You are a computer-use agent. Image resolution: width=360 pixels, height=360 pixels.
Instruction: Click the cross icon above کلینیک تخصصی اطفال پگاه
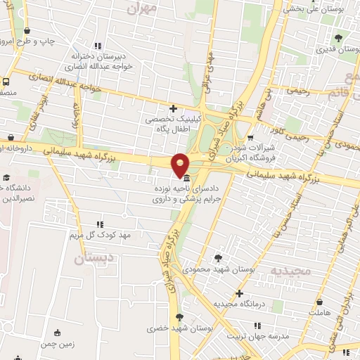[x=174, y=108]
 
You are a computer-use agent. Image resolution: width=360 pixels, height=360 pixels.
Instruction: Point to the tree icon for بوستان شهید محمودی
[x=218, y=257]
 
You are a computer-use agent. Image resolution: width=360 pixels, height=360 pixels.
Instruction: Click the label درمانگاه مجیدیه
[x=240, y=304]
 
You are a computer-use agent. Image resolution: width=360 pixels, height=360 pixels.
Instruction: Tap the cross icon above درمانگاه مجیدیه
[x=239, y=292]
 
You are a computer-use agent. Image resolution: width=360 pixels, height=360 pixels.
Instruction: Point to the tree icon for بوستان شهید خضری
[x=179, y=317]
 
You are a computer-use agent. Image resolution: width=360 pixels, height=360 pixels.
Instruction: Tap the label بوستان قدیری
[x=337, y=50]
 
